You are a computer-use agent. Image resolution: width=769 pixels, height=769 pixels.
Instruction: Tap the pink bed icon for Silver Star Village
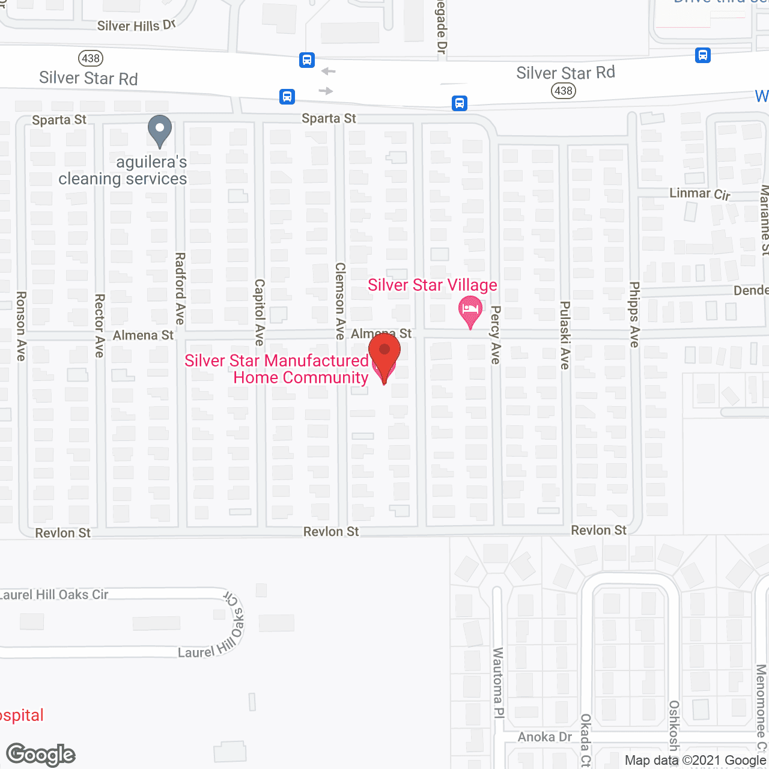(x=470, y=311)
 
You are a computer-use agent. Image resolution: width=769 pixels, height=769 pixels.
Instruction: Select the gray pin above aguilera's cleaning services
(x=159, y=130)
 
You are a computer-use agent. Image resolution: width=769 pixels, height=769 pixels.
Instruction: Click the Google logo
(x=41, y=755)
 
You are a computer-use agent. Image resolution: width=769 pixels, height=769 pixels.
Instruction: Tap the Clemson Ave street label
(x=341, y=301)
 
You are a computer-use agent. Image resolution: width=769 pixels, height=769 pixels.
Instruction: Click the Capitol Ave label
(x=260, y=312)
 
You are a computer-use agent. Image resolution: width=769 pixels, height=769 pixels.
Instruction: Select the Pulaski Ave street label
(x=565, y=335)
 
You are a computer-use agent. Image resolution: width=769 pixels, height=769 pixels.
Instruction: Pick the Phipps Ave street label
(x=634, y=314)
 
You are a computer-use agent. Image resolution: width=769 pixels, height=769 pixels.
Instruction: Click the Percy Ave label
(x=496, y=335)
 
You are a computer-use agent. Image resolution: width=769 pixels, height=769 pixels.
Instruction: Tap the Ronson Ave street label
(x=21, y=326)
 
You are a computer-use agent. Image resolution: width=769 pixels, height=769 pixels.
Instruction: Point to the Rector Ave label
(x=100, y=326)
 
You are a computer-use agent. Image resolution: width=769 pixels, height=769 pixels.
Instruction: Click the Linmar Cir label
(x=700, y=193)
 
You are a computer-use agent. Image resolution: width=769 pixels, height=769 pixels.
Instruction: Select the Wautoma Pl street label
(x=498, y=682)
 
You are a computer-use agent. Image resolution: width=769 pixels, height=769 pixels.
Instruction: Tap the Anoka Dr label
(x=545, y=737)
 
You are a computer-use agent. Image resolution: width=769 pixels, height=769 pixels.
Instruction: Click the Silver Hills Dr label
(x=136, y=25)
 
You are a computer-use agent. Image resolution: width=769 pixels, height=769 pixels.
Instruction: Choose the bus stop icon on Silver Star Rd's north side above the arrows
(x=307, y=60)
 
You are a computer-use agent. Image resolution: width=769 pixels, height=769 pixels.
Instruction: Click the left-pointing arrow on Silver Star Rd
(x=328, y=71)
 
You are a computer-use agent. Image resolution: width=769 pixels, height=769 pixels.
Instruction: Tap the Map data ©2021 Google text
(x=695, y=760)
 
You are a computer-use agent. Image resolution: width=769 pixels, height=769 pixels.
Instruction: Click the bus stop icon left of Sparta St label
(x=287, y=96)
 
